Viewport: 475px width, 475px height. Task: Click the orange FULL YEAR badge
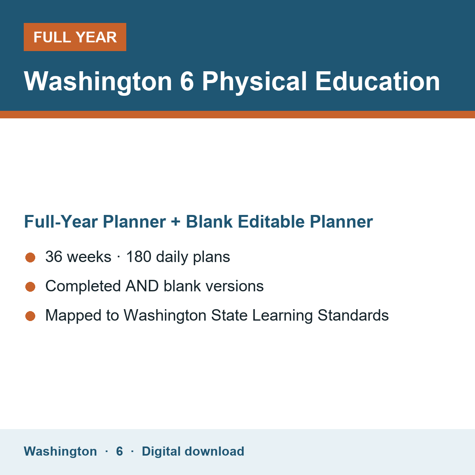coord(75,37)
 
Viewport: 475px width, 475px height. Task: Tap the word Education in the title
coord(377,82)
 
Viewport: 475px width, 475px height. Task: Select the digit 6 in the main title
coord(187,82)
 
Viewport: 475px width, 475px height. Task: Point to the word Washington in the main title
coord(98,82)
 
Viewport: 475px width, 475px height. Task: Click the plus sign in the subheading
coord(176,222)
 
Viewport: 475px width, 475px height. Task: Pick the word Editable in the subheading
coord(271,221)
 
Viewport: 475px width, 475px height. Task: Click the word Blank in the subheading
coord(209,221)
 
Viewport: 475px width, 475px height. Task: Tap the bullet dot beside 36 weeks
coord(30,258)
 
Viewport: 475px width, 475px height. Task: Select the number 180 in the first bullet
coord(139,256)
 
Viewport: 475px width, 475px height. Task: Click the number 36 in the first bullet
coord(54,256)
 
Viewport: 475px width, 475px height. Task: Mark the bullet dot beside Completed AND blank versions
coord(30,287)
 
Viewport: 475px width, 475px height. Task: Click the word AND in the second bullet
coord(142,286)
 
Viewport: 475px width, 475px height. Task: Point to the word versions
coord(235,286)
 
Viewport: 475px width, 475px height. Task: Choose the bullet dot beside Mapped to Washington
coord(30,316)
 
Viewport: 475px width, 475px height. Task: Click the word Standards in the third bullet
coord(353,315)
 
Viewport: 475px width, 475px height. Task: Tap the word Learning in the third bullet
coord(283,316)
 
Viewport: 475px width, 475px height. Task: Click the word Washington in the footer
coord(61,451)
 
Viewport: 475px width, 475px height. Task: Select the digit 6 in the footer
coord(120,451)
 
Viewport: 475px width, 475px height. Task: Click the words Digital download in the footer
coord(193,451)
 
